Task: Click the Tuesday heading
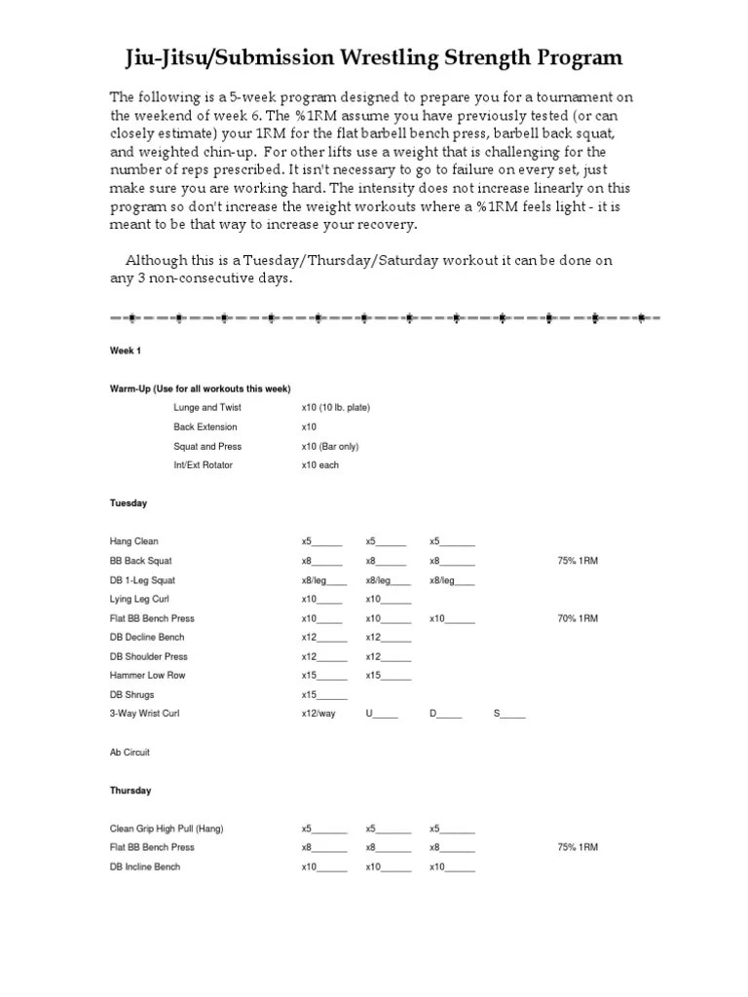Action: (128, 503)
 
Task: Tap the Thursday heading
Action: (130, 791)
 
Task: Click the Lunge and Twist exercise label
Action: (206, 408)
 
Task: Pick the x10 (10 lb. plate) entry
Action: (335, 408)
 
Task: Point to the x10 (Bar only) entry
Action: (334, 446)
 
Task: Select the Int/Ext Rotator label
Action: (203, 465)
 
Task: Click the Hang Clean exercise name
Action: (133, 541)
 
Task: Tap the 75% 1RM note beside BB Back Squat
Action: (578, 561)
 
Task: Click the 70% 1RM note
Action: (578, 618)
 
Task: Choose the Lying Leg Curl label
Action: (139, 599)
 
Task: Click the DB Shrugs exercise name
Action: (131, 694)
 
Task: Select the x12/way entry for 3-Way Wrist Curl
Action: (318, 714)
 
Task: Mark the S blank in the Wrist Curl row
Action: (509, 714)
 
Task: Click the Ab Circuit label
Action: (130, 753)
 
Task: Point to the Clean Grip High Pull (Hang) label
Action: (167, 829)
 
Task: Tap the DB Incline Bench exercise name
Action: (144, 867)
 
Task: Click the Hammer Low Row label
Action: (147, 675)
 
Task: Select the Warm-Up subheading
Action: (200, 388)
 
